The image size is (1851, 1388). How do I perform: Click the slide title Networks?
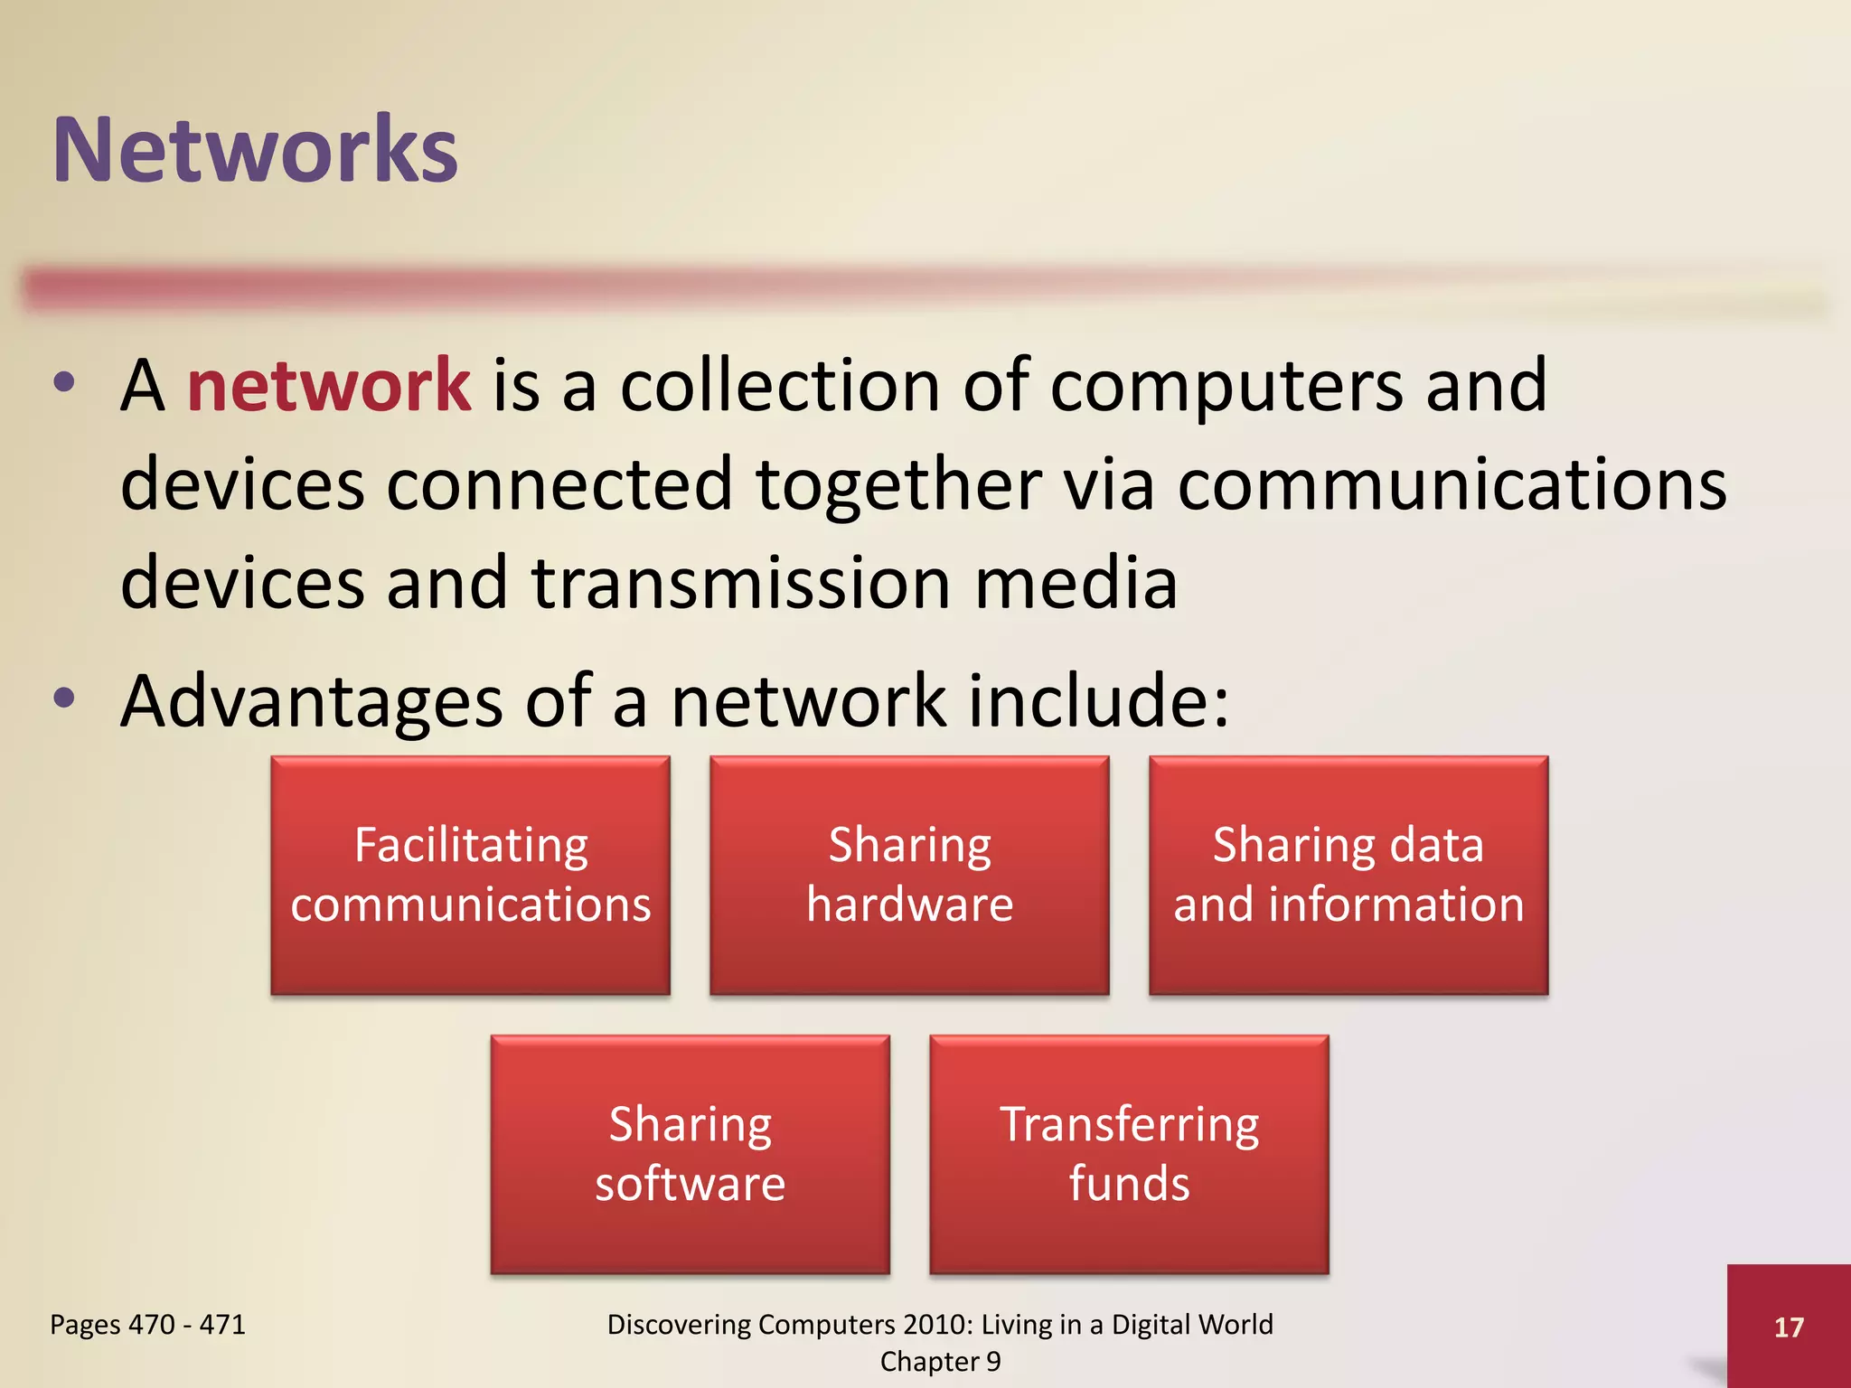[x=255, y=150]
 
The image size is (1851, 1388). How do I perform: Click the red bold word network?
[x=328, y=386]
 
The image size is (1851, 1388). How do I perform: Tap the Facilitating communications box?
[x=470, y=875]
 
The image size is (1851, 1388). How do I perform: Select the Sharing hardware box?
[x=909, y=875]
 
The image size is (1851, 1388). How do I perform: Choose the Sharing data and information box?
[x=1348, y=875]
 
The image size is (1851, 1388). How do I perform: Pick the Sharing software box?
[x=690, y=1154]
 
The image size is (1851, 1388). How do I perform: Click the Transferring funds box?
[x=1129, y=1154]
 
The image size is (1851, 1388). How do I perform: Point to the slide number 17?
[x=1789, y=1327]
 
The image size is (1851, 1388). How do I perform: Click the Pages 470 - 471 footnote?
[x=147, y=1325]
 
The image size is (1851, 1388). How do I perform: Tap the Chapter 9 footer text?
[x=940, y=1362]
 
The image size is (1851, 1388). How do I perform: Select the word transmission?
[x=741, y=584]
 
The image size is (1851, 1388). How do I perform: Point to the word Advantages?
[x=312, y=703]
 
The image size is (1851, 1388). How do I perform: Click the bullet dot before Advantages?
[x=64, y=698]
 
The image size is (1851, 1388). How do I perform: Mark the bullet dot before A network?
[x=64, y=381]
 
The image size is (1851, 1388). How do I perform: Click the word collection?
[x=780, y=387]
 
